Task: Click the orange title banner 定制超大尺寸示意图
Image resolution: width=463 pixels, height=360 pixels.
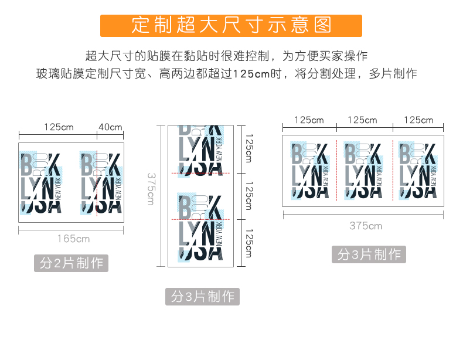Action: click(x=231, y=26)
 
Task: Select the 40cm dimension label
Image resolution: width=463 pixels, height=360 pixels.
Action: click(x=110, y=127)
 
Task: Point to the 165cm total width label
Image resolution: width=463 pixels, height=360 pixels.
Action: click(x=74, y=238)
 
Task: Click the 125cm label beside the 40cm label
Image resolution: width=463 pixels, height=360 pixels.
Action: click(x=59, y=127)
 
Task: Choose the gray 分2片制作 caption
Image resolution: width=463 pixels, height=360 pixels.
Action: click(x=71, y=263)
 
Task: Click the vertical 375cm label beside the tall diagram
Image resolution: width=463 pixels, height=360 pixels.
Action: click(x=151, y=188)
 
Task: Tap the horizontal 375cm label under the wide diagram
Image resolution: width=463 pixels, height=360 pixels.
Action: click(x=366, y=225)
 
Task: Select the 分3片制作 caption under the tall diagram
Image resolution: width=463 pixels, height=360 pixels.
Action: click(x=203, y=297)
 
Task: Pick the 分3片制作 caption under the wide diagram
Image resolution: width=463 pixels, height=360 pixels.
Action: click(x=369, y=254)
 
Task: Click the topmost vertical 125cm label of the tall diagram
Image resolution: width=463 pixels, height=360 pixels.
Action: click(x=249, y=149)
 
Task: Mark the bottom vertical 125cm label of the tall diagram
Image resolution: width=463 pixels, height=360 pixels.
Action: click(x=249, y=243)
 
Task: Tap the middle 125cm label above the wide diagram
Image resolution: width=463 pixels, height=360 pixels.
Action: click(x=363, y=120)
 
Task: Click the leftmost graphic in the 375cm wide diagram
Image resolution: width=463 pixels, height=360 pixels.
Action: click(x=310, y=170)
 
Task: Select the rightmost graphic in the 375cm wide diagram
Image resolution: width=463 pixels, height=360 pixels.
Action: click(x=417, y=170)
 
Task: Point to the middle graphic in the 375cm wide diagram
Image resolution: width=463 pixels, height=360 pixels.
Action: click(x=363, y=170)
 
